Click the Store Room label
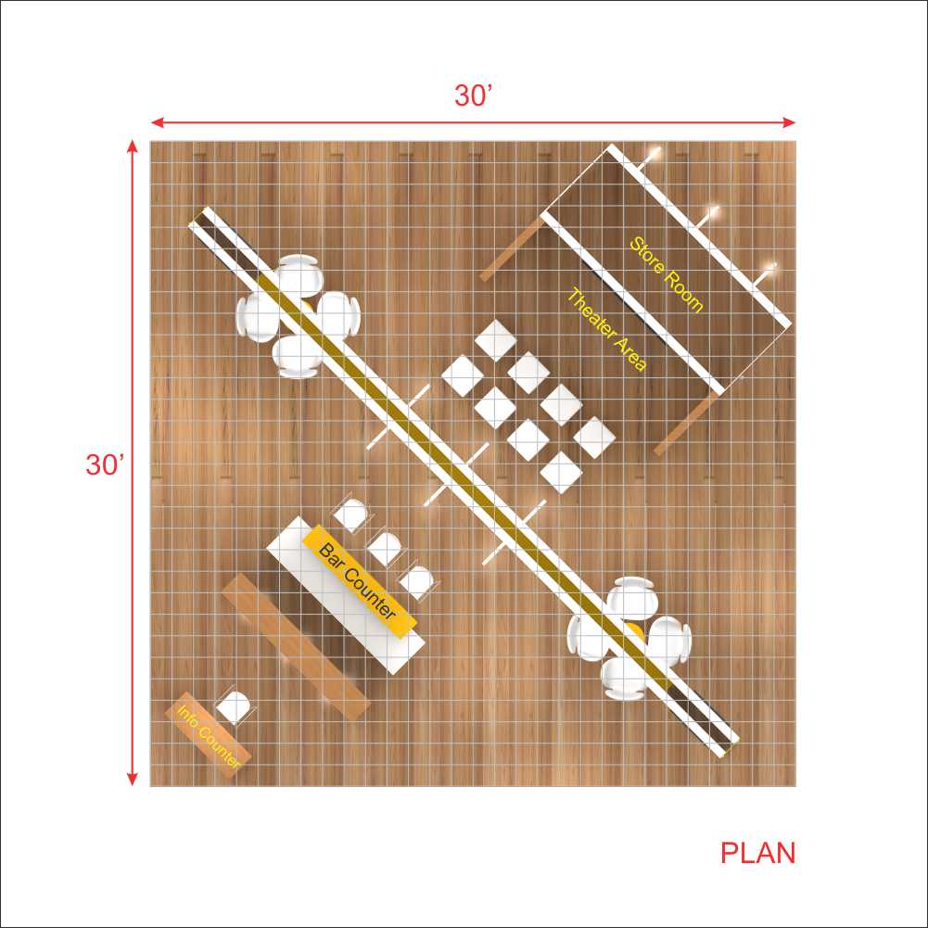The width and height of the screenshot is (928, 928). (666, 274)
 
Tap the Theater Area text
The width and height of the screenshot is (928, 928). (606, 330)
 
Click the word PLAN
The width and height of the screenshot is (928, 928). (758, 853)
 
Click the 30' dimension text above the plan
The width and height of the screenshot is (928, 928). (474, 95)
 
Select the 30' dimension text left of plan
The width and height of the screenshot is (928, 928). (105, 464)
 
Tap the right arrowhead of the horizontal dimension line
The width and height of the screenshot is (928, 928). (789, 122)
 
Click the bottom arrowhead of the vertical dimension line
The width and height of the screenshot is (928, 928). (133, 779)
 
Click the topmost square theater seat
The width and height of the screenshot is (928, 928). (495, 341)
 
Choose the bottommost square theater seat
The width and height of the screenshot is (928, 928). (561, 473)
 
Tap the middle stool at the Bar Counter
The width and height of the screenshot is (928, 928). (385, 548)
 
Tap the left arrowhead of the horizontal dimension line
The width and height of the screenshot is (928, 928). (158, 122)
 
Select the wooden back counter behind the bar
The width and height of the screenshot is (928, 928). (297, 646)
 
